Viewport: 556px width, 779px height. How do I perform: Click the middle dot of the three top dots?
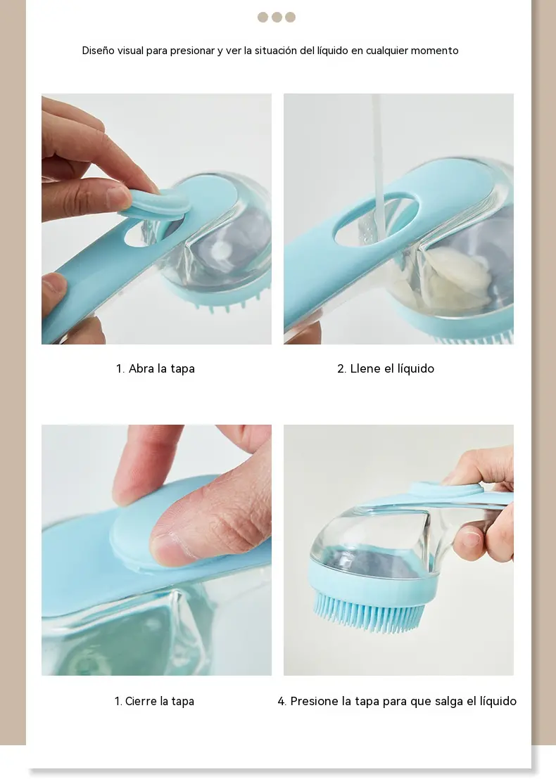click(x=277, y=18)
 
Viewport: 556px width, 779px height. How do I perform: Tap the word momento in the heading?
click(x=434, y=50)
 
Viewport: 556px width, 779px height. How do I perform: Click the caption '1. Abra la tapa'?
click(x=155, y=368)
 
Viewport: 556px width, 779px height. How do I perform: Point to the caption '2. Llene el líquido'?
click(x=386, y=368)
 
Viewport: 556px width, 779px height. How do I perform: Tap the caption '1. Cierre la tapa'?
click(x=154, y=701)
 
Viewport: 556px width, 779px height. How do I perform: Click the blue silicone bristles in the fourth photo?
click(x=369, y=610)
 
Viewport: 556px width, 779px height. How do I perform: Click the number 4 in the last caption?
click(x=281, y=702)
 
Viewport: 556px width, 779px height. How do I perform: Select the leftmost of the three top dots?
click(x=263, y=18)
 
